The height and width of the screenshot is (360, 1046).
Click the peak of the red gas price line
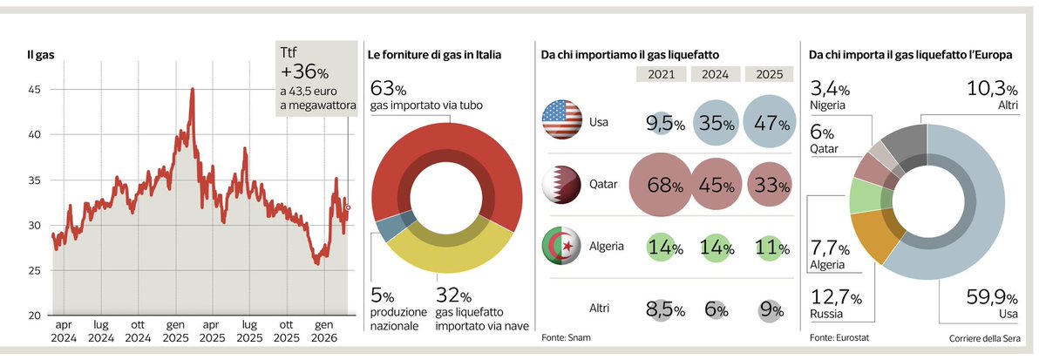click(x=192, y=90)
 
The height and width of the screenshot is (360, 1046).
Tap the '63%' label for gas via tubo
click(x=388, y=89)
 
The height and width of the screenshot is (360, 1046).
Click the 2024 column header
click(x=715, y=75)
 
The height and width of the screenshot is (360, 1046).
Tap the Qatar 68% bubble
click(x=661, y=185)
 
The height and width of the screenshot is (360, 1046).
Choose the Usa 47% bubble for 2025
click(x=770, y=123)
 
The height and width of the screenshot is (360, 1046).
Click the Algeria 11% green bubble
click(x=770, y=247)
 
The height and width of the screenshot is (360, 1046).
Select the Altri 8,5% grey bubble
click(x=661, y=309)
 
